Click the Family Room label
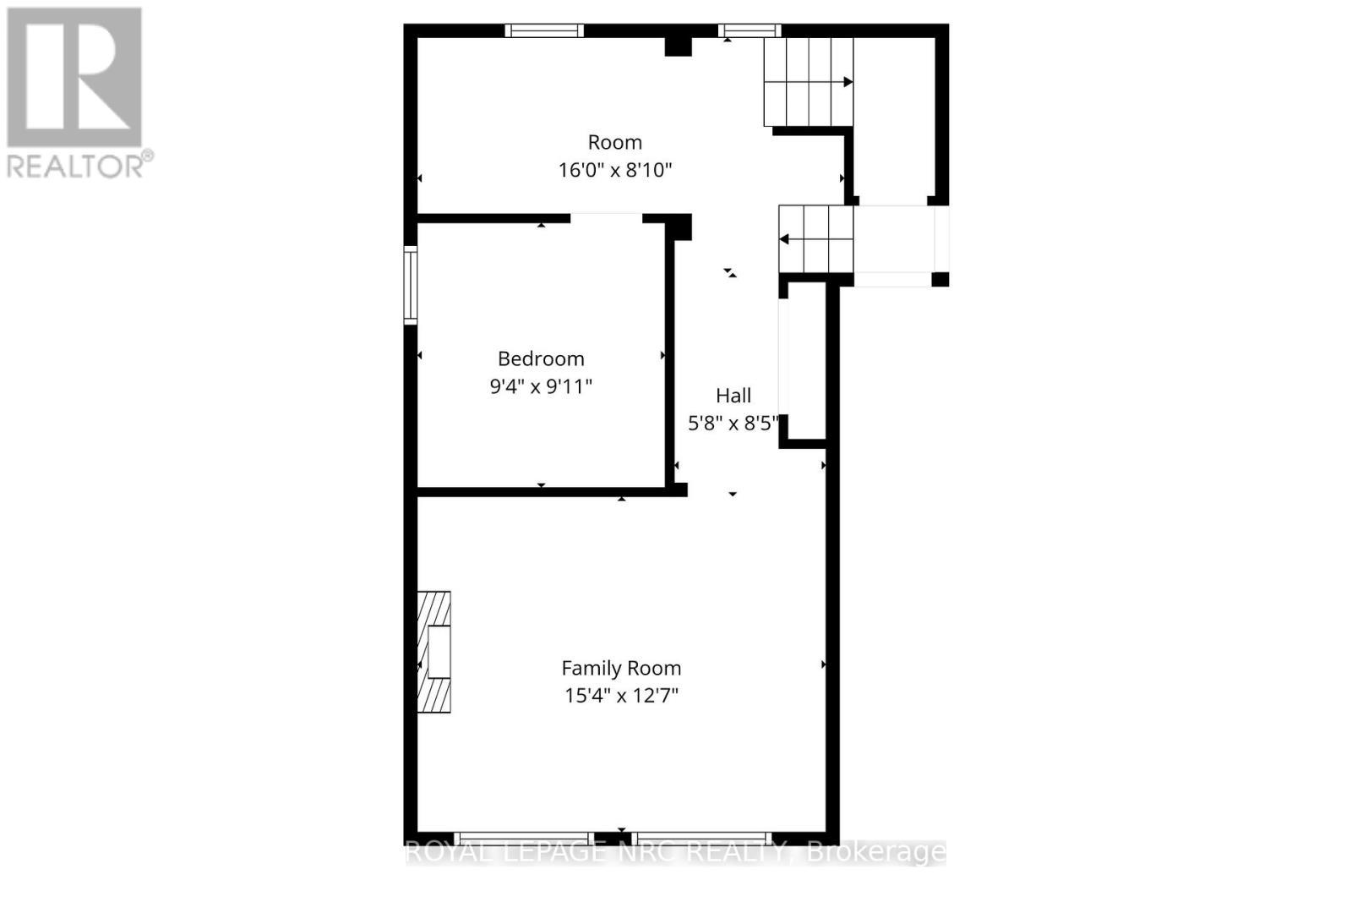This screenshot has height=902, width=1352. pyautogui.click(x=621, y=668)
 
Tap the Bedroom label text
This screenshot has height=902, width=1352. pyautogui.click(x=541, y=358)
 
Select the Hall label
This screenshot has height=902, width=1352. pyautogui.click(x=733, y=395)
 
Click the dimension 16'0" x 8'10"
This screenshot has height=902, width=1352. pyautogui.click(x=615, y=170)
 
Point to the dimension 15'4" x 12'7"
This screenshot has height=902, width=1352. pyautogui.click(x=621, y=696)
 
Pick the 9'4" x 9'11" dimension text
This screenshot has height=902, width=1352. pyautogui.click(x=541, y=386)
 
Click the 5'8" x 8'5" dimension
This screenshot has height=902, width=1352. pyautogui.click(x=733, y=423)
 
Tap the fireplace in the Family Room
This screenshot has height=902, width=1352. pyautogui.click(x=434, y=651)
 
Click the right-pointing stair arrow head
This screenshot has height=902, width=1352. pyautogui.click(x=848, y=82)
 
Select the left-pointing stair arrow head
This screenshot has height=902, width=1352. pyautogui.click(x=784, y=239)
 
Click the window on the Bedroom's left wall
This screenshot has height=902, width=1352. pyautogui.click(x=411, y=284)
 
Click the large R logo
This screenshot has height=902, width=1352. pyautogui.click(x=74, y=77)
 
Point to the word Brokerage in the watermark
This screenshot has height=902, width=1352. pyautogui.click(x=876, y=852)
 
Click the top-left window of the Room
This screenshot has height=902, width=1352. pyautogui.click(x=544, y=30)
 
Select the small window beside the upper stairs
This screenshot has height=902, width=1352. pyautogui.click(x=750, y=30)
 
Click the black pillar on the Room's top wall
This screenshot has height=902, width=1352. pyautogui.click(x=678, y=46)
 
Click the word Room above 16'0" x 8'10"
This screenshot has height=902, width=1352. pyautogui.click(x=615, y=142)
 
